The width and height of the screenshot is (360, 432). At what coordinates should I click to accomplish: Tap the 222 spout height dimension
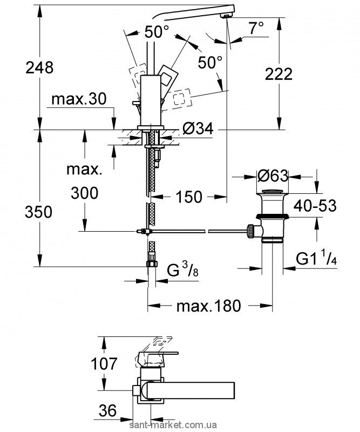pyautogui.click(x=279, y=74)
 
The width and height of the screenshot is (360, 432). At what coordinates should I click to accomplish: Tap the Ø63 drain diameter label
pyautogui.click(x=273, y=177)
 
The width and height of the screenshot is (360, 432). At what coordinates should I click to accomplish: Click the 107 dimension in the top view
pyautogui.click(x=104, y=363)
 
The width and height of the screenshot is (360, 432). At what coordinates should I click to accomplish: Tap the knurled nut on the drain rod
pyautogui.click(x=251, y=231)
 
